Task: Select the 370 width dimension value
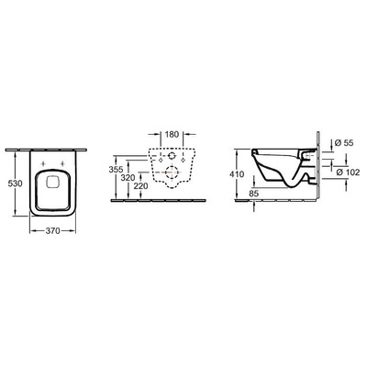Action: click(x=61, y=233)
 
